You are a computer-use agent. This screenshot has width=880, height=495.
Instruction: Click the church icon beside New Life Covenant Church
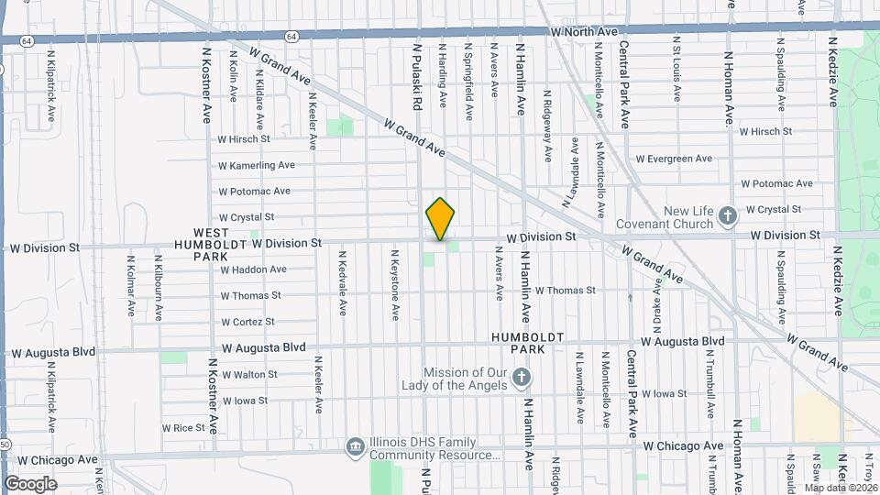(728, 217)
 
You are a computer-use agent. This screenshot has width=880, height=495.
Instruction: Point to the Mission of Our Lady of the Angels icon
(521, 378)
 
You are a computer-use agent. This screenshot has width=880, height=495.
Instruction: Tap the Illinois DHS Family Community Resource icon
(355, 446)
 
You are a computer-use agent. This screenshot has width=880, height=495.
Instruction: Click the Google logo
(30, 484)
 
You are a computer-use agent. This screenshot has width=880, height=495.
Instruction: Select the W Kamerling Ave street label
(256, 165)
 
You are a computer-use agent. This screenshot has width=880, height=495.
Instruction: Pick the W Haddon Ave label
(253, 269)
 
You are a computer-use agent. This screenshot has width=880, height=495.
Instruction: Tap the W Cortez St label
(247, 322)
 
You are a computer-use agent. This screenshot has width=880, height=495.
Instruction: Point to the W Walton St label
(248, 374)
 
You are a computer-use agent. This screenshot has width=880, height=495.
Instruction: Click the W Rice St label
(183, 427)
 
